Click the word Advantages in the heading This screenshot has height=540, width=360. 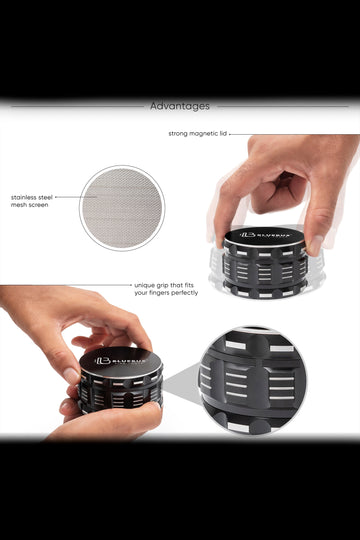tap(180, 106)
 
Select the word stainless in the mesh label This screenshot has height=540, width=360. tap(24, 198)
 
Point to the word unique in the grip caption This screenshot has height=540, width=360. tap(144, 285)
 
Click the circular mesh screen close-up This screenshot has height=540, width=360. tap(122, 208)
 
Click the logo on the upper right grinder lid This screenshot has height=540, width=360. tap(265, 235)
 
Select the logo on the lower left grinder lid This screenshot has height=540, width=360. tap(121, 361)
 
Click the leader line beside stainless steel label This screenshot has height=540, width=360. tap(76, 197)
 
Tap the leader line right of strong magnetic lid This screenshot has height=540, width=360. tap(294, 134)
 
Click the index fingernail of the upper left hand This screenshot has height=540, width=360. tap(72, 375)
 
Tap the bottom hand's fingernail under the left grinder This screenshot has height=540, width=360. tap(65, 405)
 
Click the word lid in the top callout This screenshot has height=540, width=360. tap(223, 134)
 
